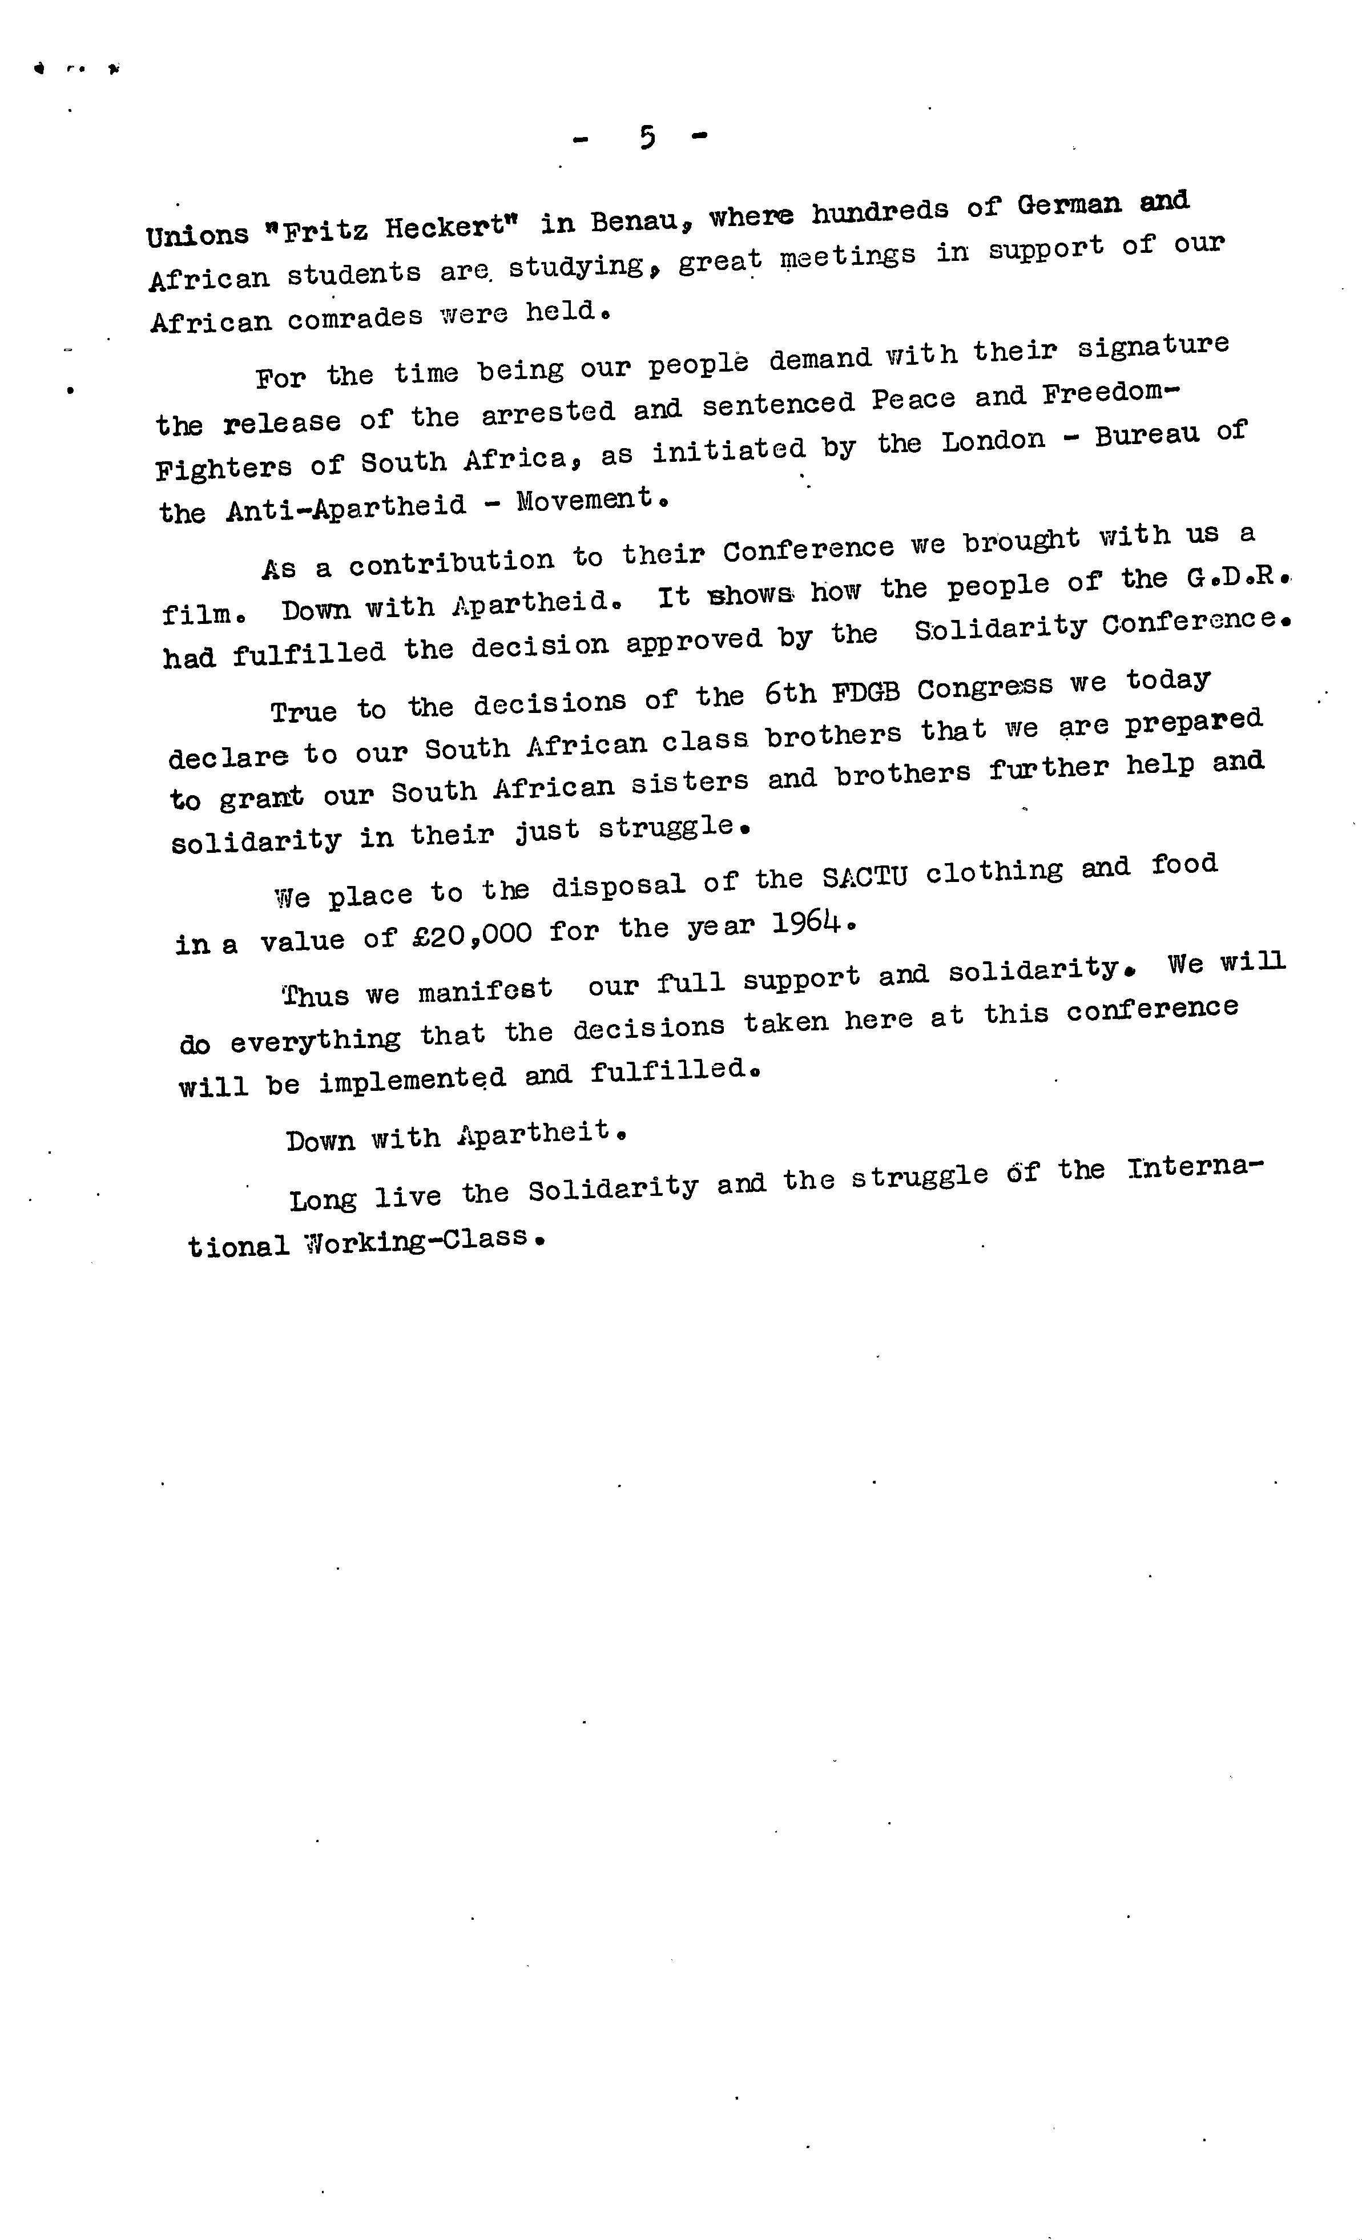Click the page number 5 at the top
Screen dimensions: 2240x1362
coord(646,137)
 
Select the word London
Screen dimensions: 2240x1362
coord(993,441)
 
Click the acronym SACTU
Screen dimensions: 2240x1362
coord(864,877)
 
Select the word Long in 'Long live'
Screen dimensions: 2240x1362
coord(323,1200)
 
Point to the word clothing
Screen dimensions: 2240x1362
coord(994,872)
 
